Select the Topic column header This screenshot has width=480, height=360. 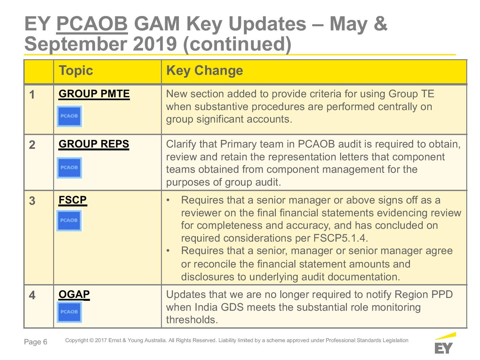76,70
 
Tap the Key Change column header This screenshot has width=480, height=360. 204,70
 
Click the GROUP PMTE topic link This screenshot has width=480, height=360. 94,94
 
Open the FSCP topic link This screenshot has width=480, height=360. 73,200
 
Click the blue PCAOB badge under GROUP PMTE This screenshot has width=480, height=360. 69,116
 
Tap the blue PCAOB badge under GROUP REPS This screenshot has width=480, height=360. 69,168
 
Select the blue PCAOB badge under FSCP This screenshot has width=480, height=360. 69,220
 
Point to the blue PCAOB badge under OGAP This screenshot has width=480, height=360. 69,312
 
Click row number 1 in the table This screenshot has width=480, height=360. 32,95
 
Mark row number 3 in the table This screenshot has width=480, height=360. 32,201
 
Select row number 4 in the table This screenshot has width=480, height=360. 32,295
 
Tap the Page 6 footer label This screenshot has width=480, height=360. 36,342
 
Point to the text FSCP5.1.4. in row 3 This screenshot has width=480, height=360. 341,238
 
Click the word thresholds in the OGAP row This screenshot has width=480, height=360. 192,320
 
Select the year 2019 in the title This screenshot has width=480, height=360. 155,44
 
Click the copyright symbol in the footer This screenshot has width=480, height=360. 91,340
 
